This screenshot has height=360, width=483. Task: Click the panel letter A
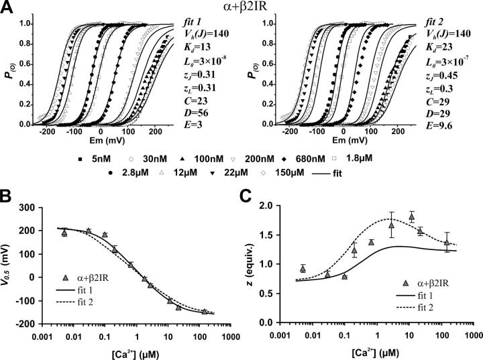pyautogui.click(x=7, y=7)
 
